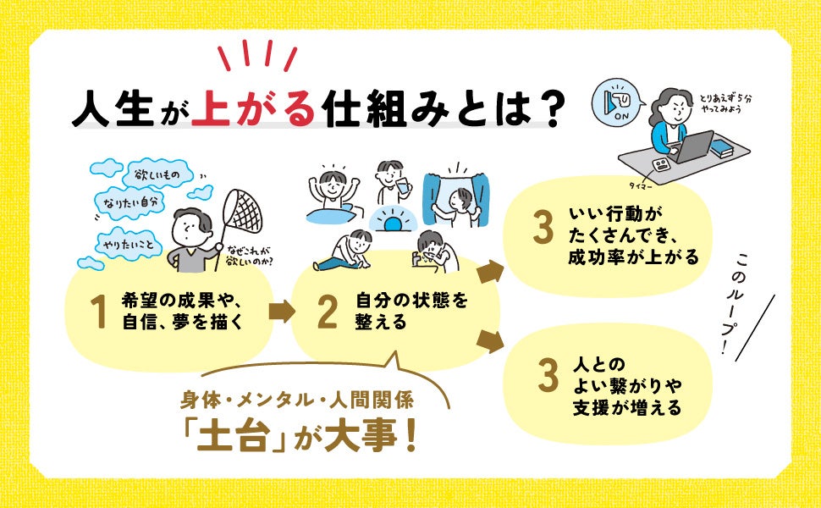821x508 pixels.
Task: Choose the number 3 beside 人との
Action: [548, 378]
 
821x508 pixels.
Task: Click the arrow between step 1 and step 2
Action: [281, 312]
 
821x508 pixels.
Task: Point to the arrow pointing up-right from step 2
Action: [489, 273]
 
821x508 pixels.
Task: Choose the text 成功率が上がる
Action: [634, 257]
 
